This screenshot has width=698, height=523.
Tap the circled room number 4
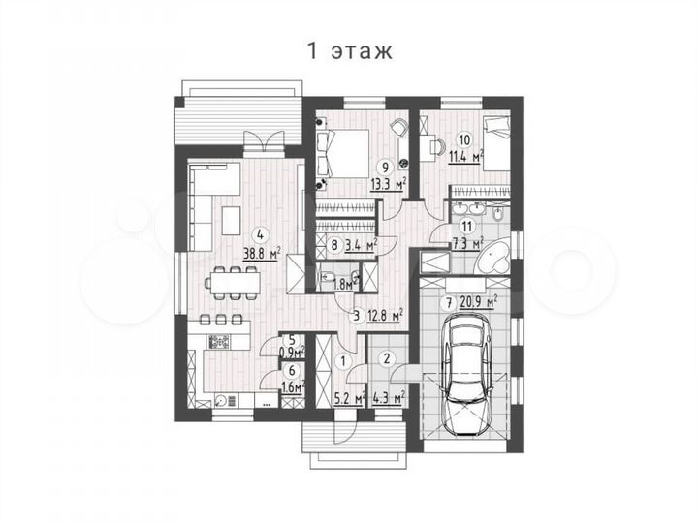[259, 233]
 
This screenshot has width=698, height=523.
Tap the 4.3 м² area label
[388, 395]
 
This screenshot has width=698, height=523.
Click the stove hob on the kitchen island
[219, 340]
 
